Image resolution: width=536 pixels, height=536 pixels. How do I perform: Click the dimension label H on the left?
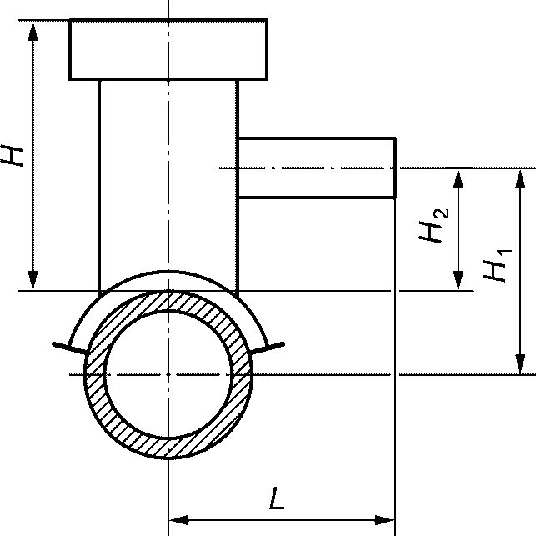click(x=12, y=156)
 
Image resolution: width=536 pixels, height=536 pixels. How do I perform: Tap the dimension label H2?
click(x=433, y=226)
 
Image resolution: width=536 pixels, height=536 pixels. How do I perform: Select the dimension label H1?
click(x=498, y=266)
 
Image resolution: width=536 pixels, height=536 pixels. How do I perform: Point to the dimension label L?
click(x=277, y=498)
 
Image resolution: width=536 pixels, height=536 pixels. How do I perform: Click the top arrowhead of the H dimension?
click(x=33, y=31)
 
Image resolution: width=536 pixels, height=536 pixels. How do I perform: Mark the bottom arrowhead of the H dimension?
click(x=33, y=280)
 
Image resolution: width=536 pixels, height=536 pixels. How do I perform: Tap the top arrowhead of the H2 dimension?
click(x=458, y=178)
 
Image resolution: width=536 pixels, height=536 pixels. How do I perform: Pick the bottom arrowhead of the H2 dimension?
click(x=458, y=280)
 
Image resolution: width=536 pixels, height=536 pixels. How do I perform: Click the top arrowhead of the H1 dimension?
click(x=520, y=178)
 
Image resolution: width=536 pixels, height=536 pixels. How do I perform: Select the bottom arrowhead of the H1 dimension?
click(x=520, y=363)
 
